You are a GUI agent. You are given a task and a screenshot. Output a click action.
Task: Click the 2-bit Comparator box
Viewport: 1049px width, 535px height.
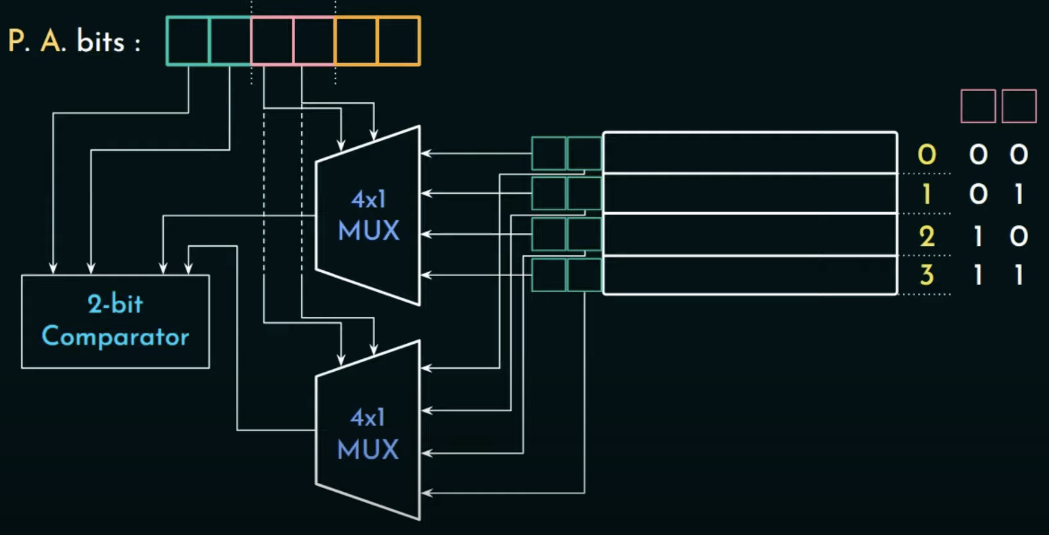click(116, 321)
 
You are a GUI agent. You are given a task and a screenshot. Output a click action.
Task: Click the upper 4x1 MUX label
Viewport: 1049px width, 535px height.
click(368, 215)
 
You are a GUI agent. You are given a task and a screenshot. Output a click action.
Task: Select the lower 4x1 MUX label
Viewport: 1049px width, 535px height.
click(368, 434)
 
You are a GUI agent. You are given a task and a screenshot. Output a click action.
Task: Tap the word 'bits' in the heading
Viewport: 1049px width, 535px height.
click(100, 41)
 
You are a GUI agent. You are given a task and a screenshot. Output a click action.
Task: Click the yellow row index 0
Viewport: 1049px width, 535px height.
click(927, 154)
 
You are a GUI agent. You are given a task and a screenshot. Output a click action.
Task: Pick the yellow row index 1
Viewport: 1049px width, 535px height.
click(927, 194)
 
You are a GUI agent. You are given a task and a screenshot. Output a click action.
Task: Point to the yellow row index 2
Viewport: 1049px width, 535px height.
click(927, 236)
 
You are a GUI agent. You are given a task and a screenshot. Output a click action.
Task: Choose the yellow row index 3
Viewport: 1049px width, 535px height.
click(927, 274)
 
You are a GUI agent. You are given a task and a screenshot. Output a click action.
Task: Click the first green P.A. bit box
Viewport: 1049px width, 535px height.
click(188, 41)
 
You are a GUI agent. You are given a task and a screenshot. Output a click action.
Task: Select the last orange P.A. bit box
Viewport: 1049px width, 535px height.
click(398, 41)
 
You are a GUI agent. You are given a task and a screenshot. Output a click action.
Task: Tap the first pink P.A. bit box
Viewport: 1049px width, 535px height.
click(272, 41)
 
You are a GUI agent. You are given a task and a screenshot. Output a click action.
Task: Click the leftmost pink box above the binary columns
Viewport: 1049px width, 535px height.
click(978, 106)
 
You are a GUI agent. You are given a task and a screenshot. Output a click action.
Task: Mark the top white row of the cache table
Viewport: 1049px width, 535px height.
click(750, 153)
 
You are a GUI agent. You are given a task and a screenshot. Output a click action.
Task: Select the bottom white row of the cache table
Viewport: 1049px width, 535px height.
click(750, 275)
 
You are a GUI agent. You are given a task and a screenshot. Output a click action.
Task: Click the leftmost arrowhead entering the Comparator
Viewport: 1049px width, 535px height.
click(53, 269)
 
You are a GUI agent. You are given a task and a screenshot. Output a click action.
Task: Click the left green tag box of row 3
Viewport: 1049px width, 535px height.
click(549, 275)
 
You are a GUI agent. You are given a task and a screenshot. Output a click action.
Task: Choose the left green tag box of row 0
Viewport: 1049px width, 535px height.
click(549, 153)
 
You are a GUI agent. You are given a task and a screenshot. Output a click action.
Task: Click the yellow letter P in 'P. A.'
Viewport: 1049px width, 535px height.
click(17, 41)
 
